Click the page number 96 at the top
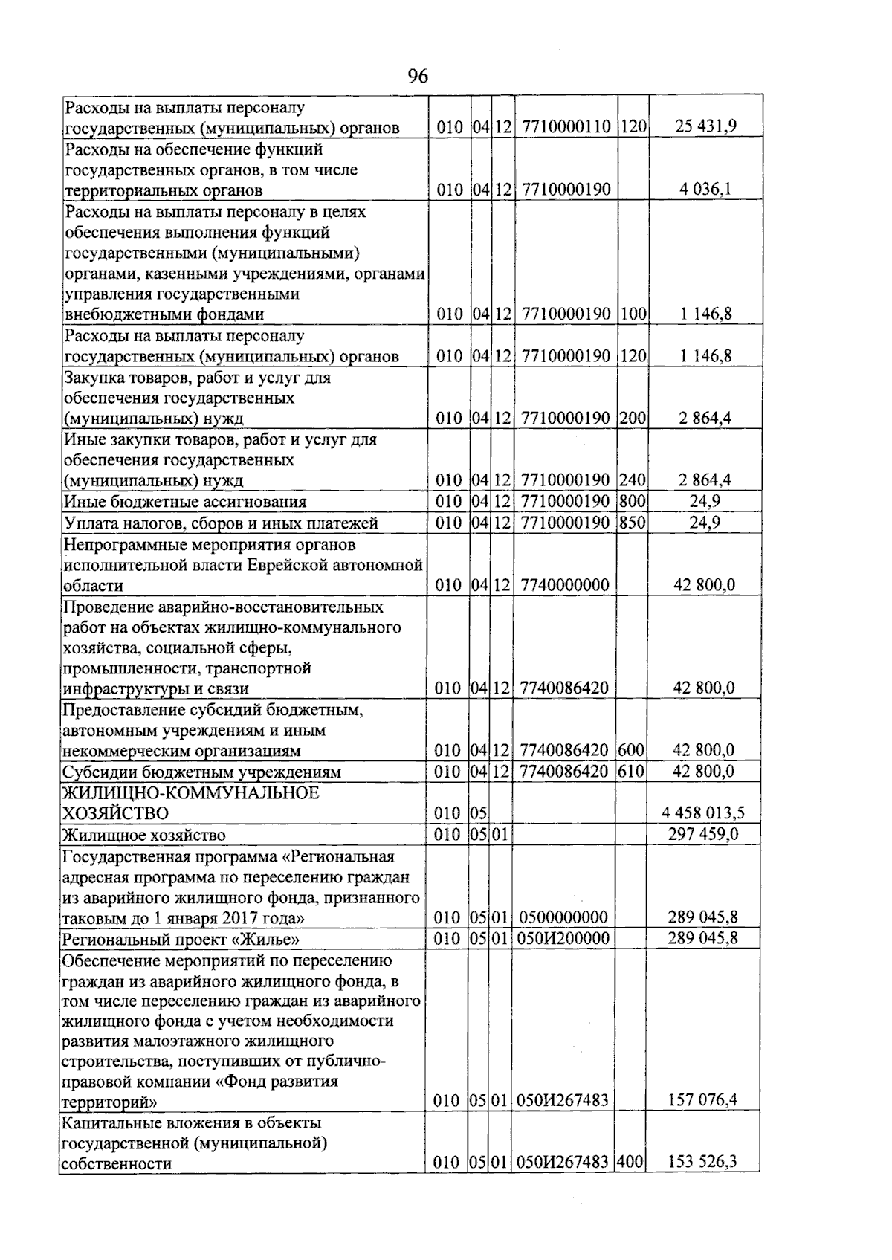coord(418,77)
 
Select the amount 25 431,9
coord(705,126)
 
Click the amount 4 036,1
coord(705,189)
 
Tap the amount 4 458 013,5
coord(703,813)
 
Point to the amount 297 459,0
coord(703,834)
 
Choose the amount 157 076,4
coord(702,1099)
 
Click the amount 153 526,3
coord(702,1162)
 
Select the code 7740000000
coord(565,585)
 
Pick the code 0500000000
coord(563,917)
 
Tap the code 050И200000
coord(563,938)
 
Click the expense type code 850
coord(633,523)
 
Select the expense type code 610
coord(632,772)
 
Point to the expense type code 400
coord(630,1162)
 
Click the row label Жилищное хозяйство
coord(144,835)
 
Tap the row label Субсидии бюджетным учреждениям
coord(201,772)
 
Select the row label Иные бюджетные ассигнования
coord(185,502)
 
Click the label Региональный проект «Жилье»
coord(181,939)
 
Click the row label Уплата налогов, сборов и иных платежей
coord(221,523)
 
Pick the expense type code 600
coord(632,750)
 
